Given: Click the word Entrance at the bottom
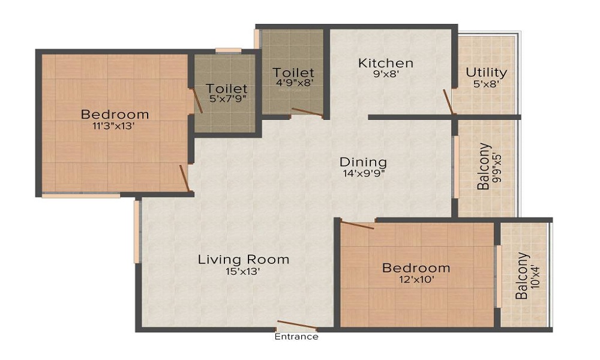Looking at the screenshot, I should coord(296,337).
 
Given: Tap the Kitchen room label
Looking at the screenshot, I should coord(386,63).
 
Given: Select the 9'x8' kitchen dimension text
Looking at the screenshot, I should coord(386,75).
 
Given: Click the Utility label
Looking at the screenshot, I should coord(487,73).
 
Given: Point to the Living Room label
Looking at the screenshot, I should coord(244,259).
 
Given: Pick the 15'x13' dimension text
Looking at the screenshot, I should coord(244,271).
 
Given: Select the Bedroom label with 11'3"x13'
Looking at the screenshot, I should coord(115,114).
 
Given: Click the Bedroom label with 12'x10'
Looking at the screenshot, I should coord(416,268).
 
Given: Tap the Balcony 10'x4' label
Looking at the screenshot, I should coord(523,276).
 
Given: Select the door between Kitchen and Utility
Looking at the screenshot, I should coord(448,101).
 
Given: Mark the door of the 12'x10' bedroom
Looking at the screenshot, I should coord(358,224).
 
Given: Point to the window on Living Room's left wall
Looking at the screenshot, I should coord(137,232).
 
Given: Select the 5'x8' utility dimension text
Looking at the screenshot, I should coord(487,84).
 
